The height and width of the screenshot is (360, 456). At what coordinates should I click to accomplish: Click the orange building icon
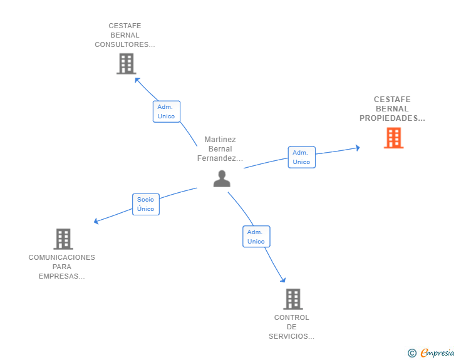pos(393,138)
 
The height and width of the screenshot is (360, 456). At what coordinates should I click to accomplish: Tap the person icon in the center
pos(222,178)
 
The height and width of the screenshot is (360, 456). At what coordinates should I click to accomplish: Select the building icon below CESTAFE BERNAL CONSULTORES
pos(127,64)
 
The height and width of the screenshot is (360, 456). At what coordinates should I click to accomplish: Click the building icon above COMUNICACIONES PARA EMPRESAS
pos(63,239)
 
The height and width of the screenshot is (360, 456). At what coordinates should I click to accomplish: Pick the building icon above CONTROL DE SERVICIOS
pos(293,299)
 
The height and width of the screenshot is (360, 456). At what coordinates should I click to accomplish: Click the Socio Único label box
pos(146,205)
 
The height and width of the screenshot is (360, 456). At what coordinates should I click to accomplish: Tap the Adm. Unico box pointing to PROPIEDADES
pos(301,157)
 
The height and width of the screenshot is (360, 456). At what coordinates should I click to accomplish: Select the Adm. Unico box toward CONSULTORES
pos(167,111)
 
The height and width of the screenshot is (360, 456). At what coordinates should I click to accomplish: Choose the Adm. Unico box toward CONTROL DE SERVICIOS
pos(256,237)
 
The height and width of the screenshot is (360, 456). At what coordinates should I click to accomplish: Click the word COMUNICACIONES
pos(61,257)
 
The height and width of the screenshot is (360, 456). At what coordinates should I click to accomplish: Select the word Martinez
pos(220,140)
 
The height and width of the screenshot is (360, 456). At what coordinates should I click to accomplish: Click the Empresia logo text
pos(437,353)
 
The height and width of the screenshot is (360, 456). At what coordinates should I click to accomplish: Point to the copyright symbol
pos(412,353)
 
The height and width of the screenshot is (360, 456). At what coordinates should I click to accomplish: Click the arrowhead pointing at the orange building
pos(358,148)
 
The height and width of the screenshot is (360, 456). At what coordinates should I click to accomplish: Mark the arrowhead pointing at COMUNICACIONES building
pos(96,221)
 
